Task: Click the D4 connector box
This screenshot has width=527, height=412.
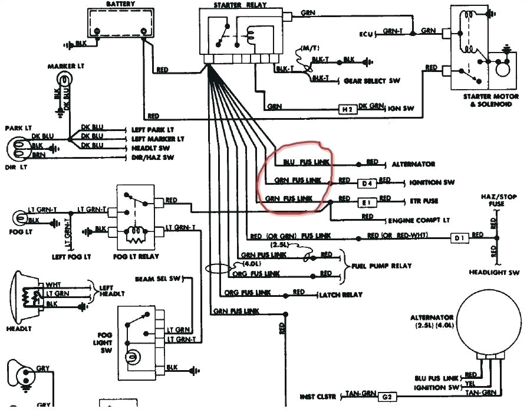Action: pyautogui.click(x=367, y=183)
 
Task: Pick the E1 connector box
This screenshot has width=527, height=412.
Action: pyautogui.click(x=367, y=202)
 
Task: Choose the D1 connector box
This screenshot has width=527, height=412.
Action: pyautogui.click(x=460, y=238)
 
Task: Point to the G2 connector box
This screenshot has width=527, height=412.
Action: pyautogui.click(x=387, y=397)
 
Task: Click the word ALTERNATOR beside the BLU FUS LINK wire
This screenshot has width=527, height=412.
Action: pyautogui.click(x=413, y=164)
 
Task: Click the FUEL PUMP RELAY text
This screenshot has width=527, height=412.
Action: pyautogui.click(x=381, y=266)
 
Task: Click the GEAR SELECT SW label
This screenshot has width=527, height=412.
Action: pyautogui.click(x=371, y=81)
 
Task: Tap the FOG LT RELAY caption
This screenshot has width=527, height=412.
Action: pyautogui.click(x=137, y=257)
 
